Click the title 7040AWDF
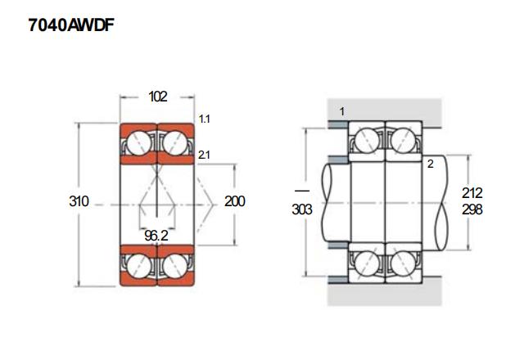click(x=69, y=26)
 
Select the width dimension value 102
click(x=157, y=97)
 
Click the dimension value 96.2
click(x=157, y=235)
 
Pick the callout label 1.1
click(x=205, y=119)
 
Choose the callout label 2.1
click(x=205, y=155)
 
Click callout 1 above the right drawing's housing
click(x=341, y=110)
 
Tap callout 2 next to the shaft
click(x=429, y=164)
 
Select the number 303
click(x=302, y=209)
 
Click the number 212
click(x=472, y=193)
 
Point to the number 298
click(x=472, y=209)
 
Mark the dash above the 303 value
click(x=302, y=191)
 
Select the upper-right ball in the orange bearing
click(x=175, y=143)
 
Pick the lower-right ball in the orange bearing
click(x=175, y=265)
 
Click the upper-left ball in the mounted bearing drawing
click(x=367, y=141)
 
